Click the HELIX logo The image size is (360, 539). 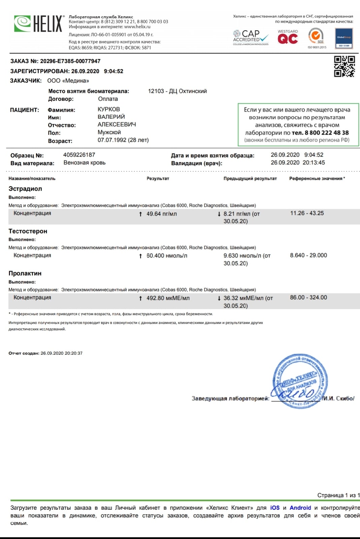pyautogui.click(x=38, y=24)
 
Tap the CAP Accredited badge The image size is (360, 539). pyautogui.click(x=251, y=37)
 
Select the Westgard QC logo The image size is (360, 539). pyautogui.click(x=288, y=37)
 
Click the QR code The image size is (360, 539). pyautogui.click(x=344, y=66)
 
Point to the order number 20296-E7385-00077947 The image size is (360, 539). pyautogui.click(x=70, y=61)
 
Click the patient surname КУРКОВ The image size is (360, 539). pyautogui.click(x=108, y=109)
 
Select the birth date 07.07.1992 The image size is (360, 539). pyautogui.click(x=112, y=140)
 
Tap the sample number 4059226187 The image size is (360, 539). pyautogui.click(x=79, y=155)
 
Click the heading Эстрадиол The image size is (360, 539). pyautogui.click(x=25, y=189)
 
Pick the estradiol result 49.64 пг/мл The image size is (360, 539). pyautogui.click(x=161, y=214)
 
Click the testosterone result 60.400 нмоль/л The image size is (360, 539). pyautogui.click(x=167, y=256)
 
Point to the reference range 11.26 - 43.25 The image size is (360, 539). pyautogui.click(x=307, y=213)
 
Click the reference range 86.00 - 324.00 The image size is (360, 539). pyautogui.click(x=308, y=297)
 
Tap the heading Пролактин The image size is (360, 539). pyautogui.click(x=25, y=274)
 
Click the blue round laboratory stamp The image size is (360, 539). pyautogui.click(x=300, y=381)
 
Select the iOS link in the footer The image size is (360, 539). pyautogui.click(x=274, y=508)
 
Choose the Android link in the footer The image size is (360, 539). pyautogui.click(x=300, y=508)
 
